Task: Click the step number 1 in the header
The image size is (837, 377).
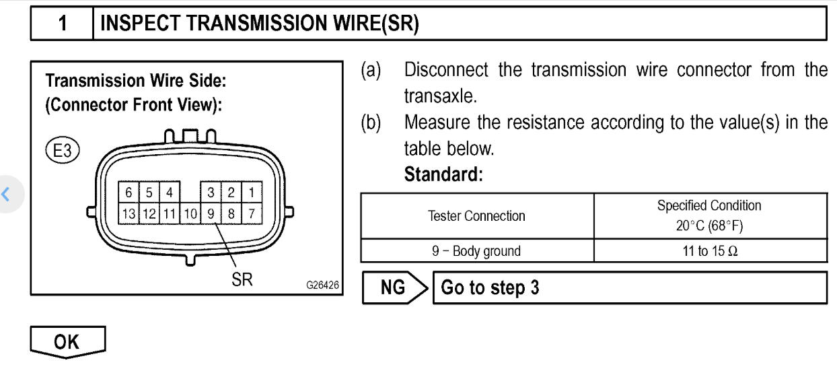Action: click(62, 24)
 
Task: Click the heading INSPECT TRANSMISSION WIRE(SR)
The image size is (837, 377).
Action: click(259, 24)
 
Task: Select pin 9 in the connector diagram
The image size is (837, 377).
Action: click(211, 213)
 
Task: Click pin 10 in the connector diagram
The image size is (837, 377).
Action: click(190, 213)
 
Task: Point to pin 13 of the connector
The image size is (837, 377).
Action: click(129, 213)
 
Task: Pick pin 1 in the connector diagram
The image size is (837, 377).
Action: click(251, 193)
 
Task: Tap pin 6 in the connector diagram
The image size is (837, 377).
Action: click(129, 193)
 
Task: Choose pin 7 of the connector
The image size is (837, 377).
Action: click(251, 213)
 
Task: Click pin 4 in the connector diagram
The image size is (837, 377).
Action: click(170, 193)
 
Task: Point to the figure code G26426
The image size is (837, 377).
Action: click(322, 285)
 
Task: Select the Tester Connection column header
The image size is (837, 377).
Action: click(476, 216)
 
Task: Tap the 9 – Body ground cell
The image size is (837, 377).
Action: click(476, 251)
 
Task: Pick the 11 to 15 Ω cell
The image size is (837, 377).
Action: click(709, 251)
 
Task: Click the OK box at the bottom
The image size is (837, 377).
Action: click(67, 341)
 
